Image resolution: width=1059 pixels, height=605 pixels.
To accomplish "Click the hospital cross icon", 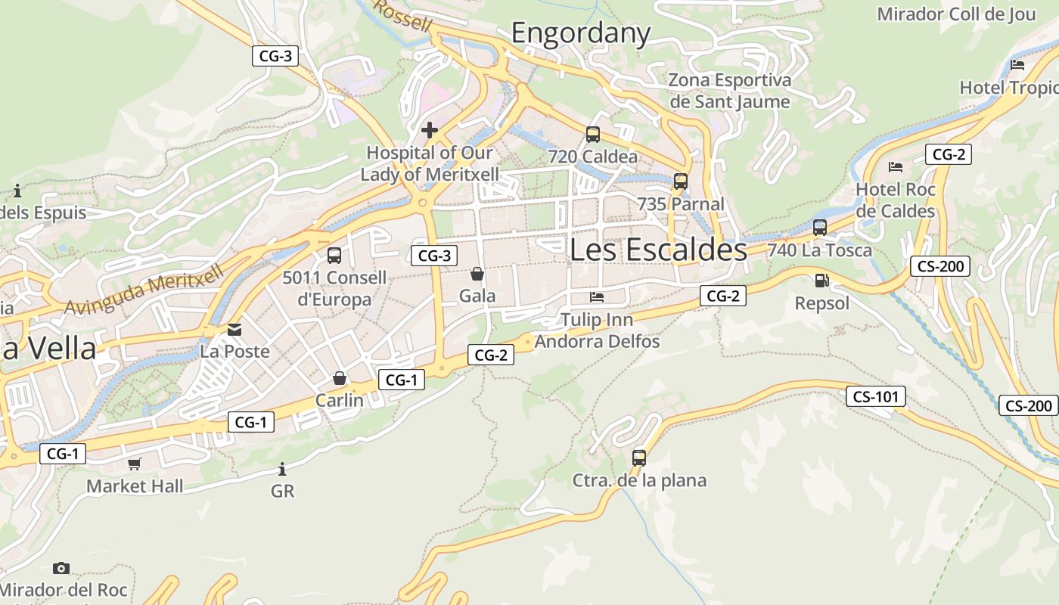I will pyautogui.click(x=430, y=130).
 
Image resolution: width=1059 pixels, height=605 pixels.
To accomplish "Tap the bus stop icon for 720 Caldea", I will pyautogui.click(x=593, y=135).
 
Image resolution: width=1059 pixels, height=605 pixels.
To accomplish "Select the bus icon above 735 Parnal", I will pyautogui.click(x=681, y=181).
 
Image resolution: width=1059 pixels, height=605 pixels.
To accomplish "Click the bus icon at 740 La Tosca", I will pyautogui.click(x=820, y=228).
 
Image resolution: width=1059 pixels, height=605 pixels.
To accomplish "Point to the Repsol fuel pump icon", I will pyautogui.click(x=821, y=281).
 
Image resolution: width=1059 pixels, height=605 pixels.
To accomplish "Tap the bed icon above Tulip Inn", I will pyautogui.click(x=598, y=296).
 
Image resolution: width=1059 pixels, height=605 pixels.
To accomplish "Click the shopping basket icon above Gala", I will pyautogui.click(x=477, y=273).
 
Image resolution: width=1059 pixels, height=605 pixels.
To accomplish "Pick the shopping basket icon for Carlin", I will pyautogui.click(x=340, y=377).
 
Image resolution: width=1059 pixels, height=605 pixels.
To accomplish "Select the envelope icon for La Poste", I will pyautogui.click(x=234, y=330).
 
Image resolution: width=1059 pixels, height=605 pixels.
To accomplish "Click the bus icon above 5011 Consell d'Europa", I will pyautogui.click(x=334, y=256).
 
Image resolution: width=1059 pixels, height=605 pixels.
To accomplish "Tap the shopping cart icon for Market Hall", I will pyautogui.click(x=135, y=464).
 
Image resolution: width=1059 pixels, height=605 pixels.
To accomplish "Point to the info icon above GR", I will pyautogui.click(x=282, y=469).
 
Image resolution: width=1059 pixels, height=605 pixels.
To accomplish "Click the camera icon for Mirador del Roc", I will pyautogui.click(x=61, y=568).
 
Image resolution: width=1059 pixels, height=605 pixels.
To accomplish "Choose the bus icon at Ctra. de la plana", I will pyautogui.click(x=639, y=458).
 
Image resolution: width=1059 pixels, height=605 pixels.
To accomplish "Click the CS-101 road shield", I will pyautogui.click(x=875, y=396).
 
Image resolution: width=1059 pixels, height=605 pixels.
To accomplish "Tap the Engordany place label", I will pyautogui.click(x=581, y=33).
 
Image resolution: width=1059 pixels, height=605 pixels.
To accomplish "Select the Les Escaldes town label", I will pyautogui.click(x=658, y=249).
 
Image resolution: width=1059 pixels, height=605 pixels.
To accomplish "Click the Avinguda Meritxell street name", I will pyautogui.click(x=144, y=289).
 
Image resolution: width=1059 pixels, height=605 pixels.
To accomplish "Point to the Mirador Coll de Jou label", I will pyautogui.click(x=956, y=14).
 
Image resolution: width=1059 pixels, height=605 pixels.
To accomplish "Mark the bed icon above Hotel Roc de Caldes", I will pyautogui.click(x=896, y=166).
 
